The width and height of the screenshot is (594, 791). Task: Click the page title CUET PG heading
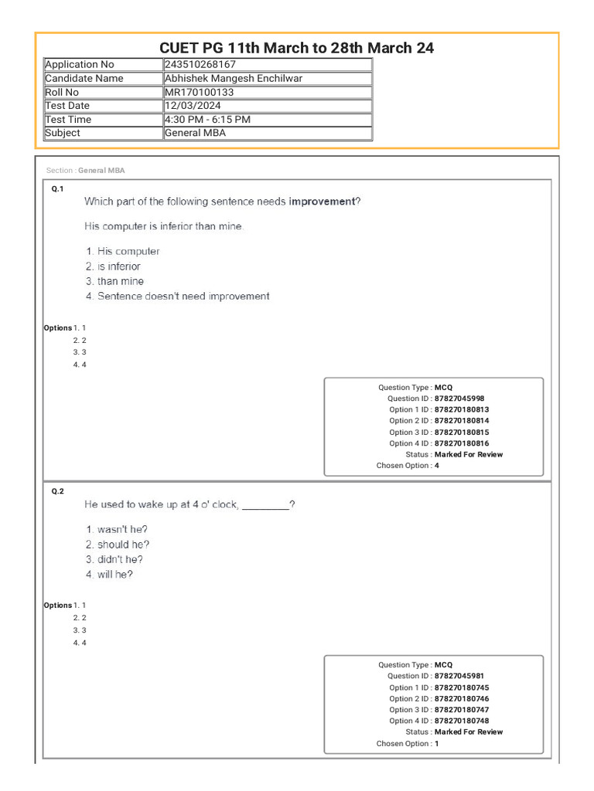tap(296, 48)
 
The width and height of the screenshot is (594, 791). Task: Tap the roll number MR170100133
tap(199, 92)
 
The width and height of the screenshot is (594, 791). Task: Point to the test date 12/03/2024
tap(193, 106)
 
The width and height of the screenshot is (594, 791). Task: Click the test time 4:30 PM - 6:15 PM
tap(207, 120)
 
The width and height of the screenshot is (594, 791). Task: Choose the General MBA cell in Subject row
tap(195, 133)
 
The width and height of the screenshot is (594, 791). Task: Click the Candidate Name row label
tap(84, 79)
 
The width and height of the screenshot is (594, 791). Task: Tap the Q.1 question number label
tap(57, 189)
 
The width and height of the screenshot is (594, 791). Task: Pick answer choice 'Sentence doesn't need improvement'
tap(183, 297)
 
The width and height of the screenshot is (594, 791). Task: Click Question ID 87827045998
tap(459, 399)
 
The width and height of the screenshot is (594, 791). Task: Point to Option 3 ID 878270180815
tap(462, 433)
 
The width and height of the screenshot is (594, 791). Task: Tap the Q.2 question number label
tap(57, 491)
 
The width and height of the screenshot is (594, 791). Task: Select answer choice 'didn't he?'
tap(120, 559)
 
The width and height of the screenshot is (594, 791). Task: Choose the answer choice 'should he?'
tap(123, 545)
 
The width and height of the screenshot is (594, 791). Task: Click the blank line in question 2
tap(265, 505)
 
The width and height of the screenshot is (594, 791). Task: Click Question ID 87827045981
tap(459, 676)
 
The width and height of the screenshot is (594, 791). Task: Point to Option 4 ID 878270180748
tap(462, 721)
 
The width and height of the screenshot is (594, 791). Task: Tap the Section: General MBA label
tap(85, 171)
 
